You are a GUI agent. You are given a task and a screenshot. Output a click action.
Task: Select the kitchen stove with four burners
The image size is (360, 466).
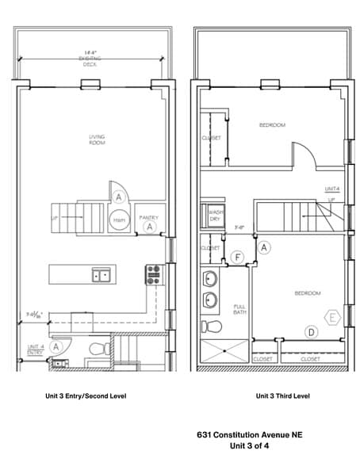[x=154, y=275]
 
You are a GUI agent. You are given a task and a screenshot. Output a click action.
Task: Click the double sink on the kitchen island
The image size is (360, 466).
[x=101, y=276]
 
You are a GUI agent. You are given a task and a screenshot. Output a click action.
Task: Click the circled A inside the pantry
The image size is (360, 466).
[x=148, y=226]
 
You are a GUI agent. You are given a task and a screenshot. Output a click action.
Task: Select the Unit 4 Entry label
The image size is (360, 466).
[x=36, y=349]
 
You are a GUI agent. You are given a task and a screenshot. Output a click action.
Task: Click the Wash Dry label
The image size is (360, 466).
[x=214, y=216]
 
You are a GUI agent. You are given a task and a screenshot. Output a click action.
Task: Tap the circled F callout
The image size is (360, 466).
[x=238, y=258]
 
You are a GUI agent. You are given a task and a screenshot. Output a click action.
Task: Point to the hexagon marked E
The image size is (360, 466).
[x=334, y=318]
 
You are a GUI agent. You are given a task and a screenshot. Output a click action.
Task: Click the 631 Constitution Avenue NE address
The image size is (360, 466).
[x=249, y=435]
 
